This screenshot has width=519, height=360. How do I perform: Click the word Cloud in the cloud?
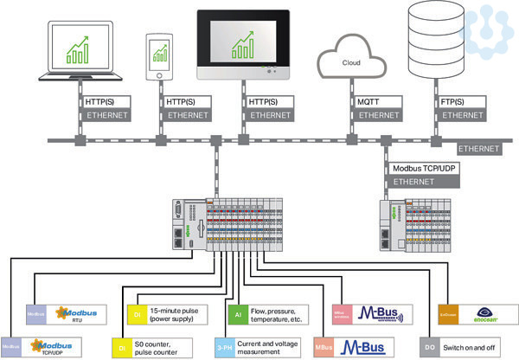tap(352, 62)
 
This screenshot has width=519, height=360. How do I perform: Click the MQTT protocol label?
tap(368, 102)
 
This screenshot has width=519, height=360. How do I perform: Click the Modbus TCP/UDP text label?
tap(421, 168)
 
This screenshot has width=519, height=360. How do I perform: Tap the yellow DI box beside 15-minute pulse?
tap(138, 312)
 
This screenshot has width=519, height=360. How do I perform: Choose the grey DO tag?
tap(430, 345)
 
